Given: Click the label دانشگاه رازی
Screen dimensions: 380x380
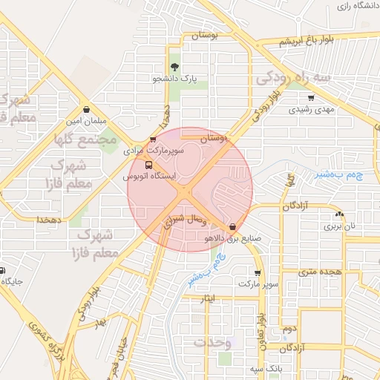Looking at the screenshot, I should pos(354,6).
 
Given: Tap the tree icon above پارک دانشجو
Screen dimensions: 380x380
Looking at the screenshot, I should pos(175,68).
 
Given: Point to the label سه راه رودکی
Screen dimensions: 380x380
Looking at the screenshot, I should pos(292,77).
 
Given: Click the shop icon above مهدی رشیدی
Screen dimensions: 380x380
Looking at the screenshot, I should pos(310,98).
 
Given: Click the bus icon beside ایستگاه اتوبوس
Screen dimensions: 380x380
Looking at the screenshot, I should pos(149,166).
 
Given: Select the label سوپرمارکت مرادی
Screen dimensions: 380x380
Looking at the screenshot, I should pos(148,150).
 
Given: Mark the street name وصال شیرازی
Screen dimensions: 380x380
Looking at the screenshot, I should pos(182,219).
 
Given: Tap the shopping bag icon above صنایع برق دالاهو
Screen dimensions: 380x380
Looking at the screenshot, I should pos(233,226).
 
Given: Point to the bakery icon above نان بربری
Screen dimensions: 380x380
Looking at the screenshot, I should pos(339,214).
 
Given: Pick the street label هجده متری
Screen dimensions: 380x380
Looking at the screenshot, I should pos(318,272).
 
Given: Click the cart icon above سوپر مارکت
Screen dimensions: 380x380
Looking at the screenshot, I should pos(258,272).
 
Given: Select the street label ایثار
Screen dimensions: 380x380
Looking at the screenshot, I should pos(209,298).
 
